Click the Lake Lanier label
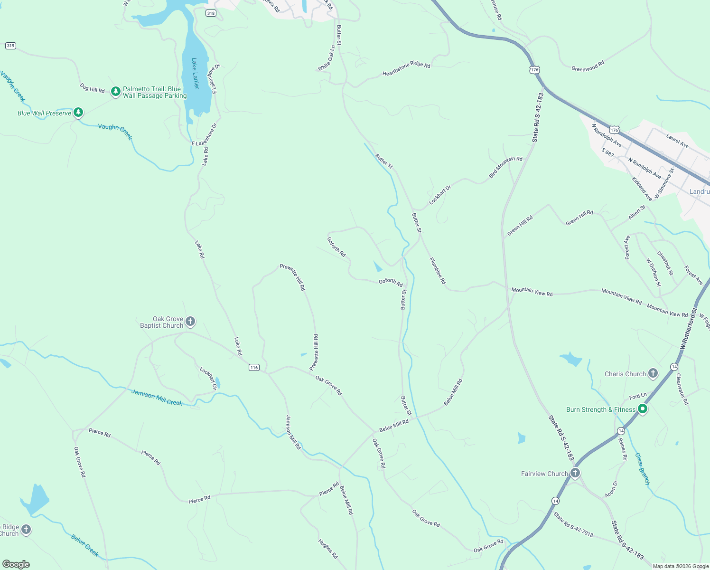click(x=195, y=73)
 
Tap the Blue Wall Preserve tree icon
click(x=78, y=113)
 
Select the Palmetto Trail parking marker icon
click(x=115, y=91)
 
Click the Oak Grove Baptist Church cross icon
click(x=190, y=322)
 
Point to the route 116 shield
click(x=254, y=367)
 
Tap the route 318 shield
click(x=211, y=13)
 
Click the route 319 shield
click(x=10, y=46)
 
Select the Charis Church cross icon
click(x=653, y=373)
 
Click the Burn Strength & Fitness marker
click(x=643, y=409)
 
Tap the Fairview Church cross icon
click(x=575, y=473)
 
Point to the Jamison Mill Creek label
click(x=157, y=398)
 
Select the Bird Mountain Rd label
click(x=505, y=167)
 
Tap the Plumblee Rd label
click(x=438, y=271)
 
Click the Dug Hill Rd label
click(x=92, y=88)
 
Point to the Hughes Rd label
click(x=328, y=549)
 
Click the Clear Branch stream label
click(x=642, y=469)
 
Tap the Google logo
click(x=16, y=564)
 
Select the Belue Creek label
click(x=84, y=545)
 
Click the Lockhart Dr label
click(x=440, y=195)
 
